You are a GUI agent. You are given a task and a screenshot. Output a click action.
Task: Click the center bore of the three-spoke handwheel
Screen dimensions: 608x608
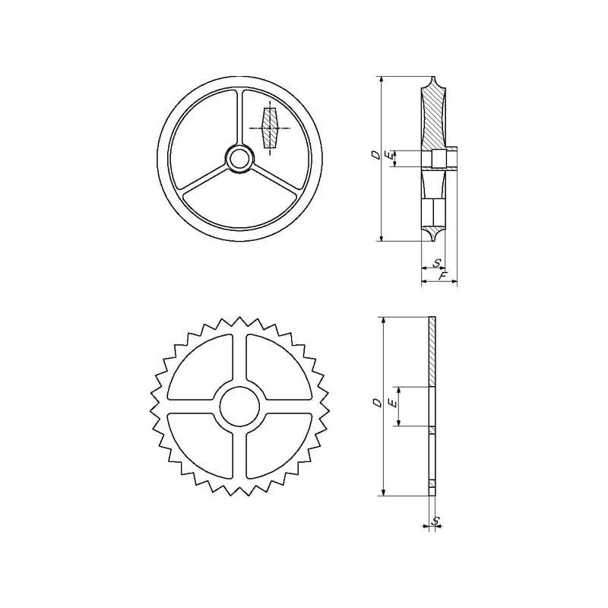[x=239, y=159]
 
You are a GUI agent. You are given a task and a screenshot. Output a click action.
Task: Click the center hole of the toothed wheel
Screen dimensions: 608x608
[x=239, y=407]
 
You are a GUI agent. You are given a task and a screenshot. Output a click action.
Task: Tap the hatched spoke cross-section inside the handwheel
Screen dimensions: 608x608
[x=270, y=128]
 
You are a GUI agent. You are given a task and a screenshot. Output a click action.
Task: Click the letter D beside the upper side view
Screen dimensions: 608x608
[x=375, y=155]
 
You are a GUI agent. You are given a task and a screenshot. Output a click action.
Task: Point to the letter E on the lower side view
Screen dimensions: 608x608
[x=394, y=404]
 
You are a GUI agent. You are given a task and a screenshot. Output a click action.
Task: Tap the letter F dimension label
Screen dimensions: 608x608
[x=442, y=276]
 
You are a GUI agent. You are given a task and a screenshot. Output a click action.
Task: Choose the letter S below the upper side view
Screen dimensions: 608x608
[x=438, y=263]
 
